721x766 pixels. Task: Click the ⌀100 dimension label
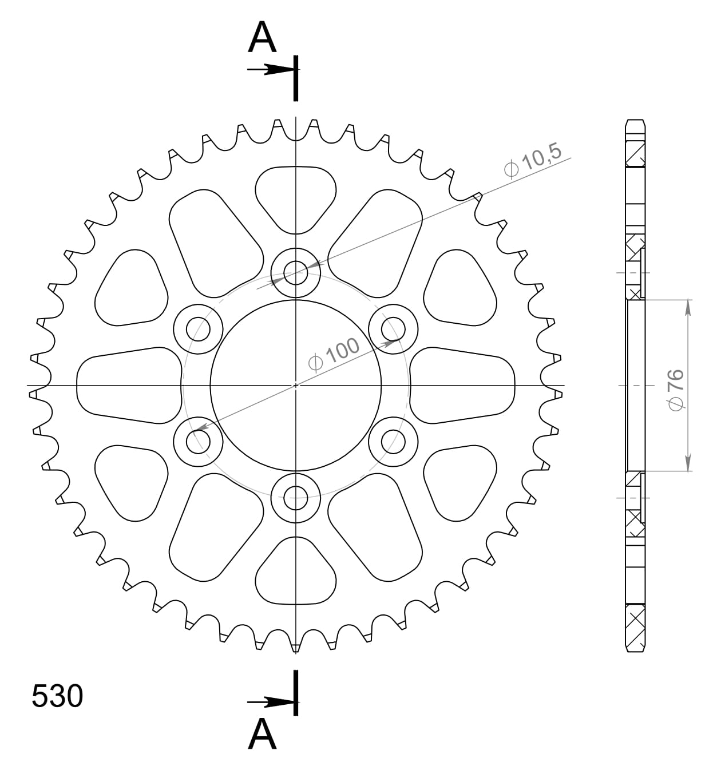pos(334,354)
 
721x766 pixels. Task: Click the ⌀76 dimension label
pos(675,389)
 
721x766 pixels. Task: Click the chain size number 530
pos(57,696)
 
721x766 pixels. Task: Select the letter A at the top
pos(262,38)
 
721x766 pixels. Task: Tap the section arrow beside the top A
pos(271,70)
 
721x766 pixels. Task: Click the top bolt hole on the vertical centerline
pos(296,271)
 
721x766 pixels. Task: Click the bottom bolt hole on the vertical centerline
pos(296,496)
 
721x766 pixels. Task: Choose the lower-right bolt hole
pos(393,441)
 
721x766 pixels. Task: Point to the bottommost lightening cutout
pos(296,574)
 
